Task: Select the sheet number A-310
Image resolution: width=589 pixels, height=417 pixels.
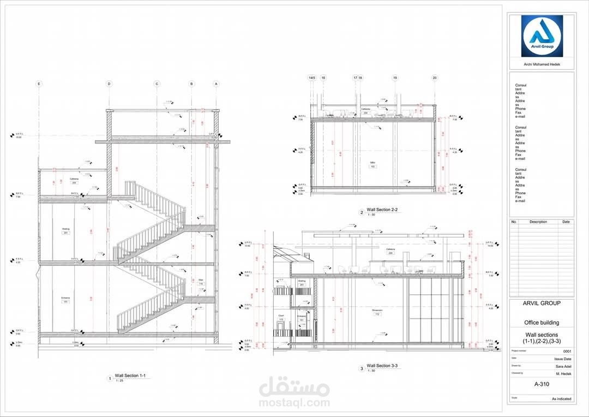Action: [542, 384]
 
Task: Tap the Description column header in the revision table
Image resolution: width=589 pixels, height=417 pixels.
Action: [538, 222]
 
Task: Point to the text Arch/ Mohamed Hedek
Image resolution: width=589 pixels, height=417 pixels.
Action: [542, 65]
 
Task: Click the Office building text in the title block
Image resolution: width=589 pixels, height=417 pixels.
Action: [542, 323]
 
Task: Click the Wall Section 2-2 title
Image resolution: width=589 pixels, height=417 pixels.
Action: [382, 210]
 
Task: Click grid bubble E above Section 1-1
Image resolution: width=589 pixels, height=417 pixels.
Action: [39, 84]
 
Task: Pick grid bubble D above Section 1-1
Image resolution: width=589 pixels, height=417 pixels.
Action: [109, 84]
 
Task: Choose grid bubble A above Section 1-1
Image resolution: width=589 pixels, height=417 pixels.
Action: [216, 84]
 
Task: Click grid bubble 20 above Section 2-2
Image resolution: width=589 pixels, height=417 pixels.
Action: [435, 78]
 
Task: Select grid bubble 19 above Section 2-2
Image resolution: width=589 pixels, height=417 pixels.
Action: [395, 78]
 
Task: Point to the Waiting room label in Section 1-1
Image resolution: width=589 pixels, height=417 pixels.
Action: [65, 229]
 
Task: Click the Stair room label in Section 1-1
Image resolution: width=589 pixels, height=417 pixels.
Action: [201, 281]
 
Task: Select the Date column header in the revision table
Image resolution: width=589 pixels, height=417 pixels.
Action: [566, 222]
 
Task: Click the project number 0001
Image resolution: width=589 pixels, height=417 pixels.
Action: [567, 351]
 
